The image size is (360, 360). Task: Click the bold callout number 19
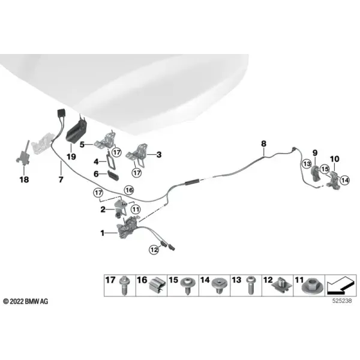71,157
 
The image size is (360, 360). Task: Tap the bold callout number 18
24,179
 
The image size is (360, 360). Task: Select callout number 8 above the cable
263,144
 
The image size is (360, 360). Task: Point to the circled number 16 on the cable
129,190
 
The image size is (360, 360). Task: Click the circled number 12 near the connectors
154,250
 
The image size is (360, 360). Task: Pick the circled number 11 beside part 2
136,209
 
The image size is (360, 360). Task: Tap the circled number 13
307,164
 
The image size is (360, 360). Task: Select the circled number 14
345,180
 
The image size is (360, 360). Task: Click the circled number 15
325,169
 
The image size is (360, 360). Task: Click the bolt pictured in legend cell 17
125,285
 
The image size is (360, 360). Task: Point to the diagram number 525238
342,301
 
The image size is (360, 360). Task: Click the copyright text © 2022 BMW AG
26,301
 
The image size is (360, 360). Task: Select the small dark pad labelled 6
113,175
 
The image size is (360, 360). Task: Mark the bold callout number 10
335,159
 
